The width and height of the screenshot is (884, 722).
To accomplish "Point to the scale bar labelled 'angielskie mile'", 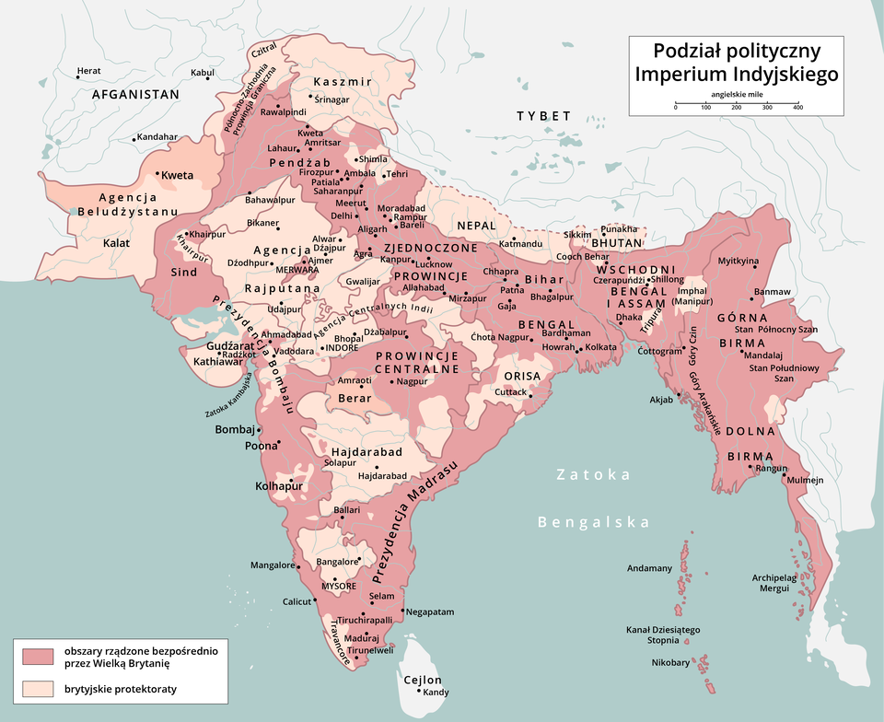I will click(x=736, y=102).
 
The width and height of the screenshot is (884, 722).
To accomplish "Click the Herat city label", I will click(x=89, y=71).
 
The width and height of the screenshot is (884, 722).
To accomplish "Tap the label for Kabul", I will click(x=202, y=72).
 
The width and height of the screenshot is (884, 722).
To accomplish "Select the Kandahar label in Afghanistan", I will click(x=157, y=137).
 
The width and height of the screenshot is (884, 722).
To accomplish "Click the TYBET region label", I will click(x=543, y=116).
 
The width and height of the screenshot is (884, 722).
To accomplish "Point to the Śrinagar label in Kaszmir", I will click(x=332, y=99).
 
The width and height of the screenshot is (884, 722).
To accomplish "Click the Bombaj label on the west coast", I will click(x=234, y=430).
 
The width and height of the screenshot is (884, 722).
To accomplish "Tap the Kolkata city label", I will click(x=601, y=347).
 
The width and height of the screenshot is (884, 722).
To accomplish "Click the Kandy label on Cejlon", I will click(x=436, y=692).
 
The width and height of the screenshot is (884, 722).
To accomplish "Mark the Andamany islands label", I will click(x=650, y=568).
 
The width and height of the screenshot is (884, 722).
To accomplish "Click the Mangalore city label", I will click(x=272, y=565).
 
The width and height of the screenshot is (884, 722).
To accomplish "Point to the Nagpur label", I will click(x=413, y=380).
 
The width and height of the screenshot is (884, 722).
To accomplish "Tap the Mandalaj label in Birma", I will click(x=763, y=355).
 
